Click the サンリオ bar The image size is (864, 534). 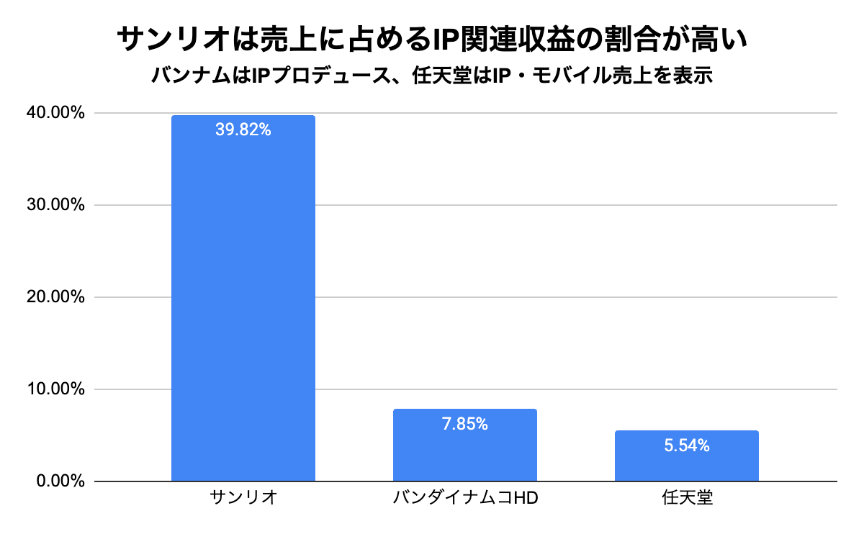click(243, 302)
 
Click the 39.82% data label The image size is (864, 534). click(243, 130)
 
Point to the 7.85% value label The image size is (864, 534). click(464, 424)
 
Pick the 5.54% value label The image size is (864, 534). click(686, 445)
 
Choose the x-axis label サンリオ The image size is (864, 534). click(243, 498)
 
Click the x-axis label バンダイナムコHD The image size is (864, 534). click(466, 498)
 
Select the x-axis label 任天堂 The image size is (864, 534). click(686, 498)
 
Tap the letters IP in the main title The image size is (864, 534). click(438, 40)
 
